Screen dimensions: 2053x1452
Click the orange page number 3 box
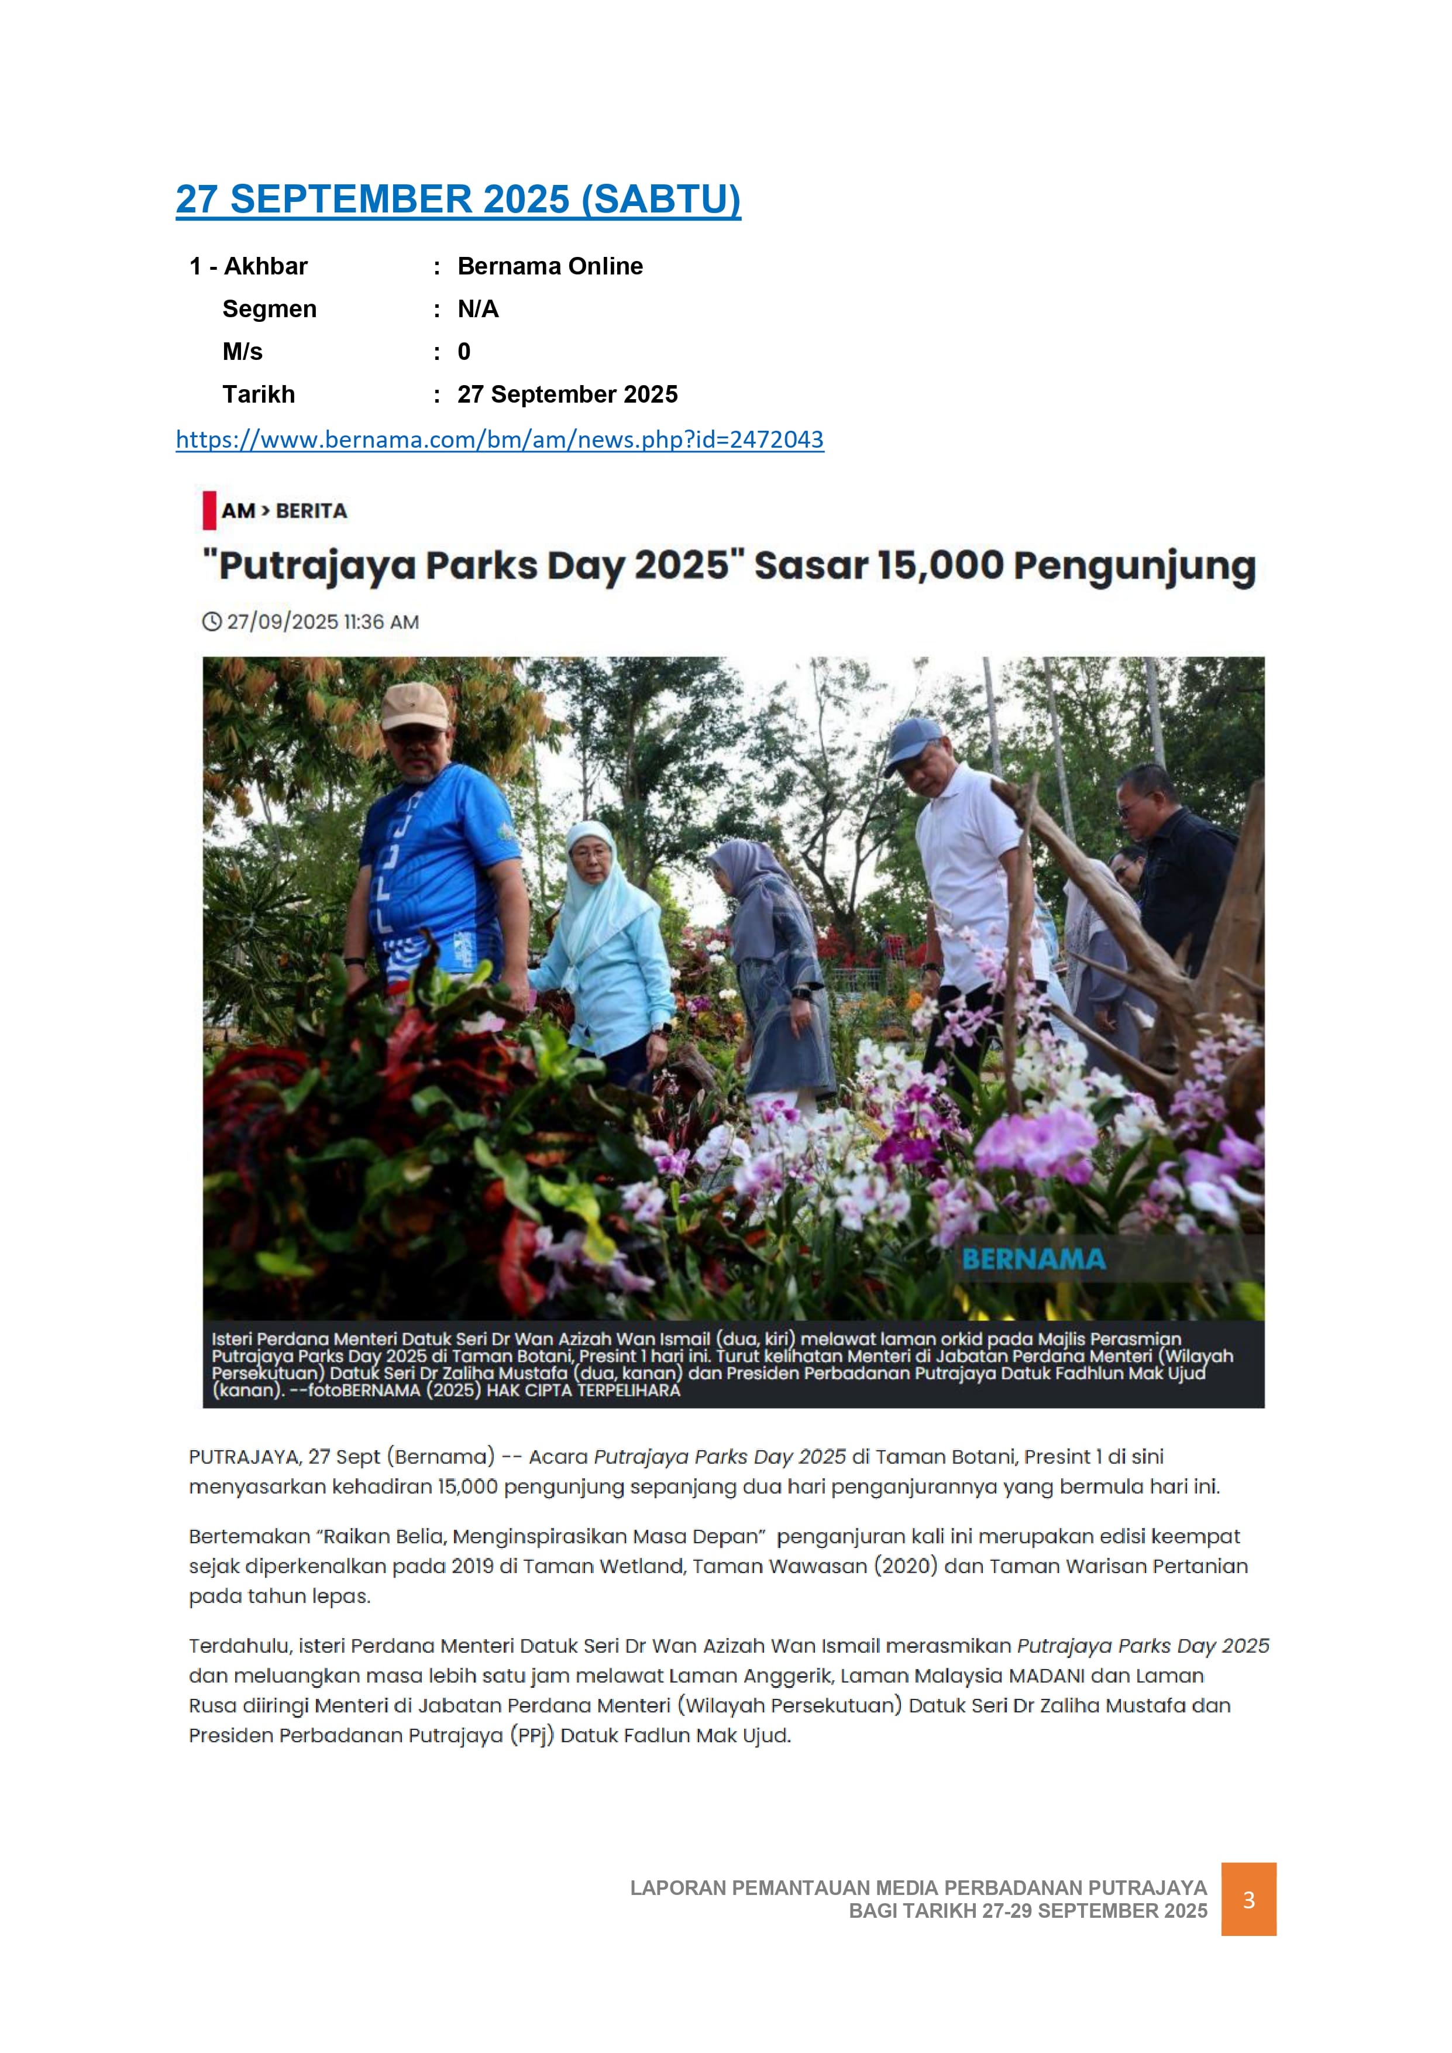pos(1248,1899)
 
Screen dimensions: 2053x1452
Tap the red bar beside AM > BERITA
pos(209,510)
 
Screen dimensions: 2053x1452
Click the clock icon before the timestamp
pos(212,622)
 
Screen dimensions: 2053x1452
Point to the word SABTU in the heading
pos(662,200)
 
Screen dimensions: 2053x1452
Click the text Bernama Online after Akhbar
pos(550,266)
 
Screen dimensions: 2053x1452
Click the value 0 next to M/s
pos(464,351)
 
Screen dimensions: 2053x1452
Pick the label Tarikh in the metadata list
pos(259,394)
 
